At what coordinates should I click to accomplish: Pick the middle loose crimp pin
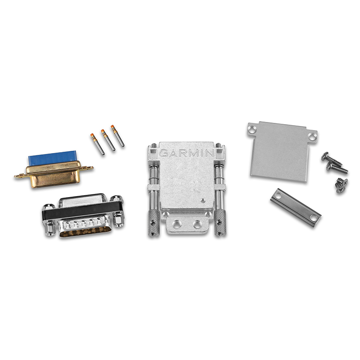point(108,139)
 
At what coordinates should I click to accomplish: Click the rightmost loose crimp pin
point(117,135)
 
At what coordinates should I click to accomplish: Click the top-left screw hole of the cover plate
point(252,129)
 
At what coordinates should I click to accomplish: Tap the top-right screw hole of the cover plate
point(311,134)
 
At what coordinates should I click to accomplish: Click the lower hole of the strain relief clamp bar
point(314,218)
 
